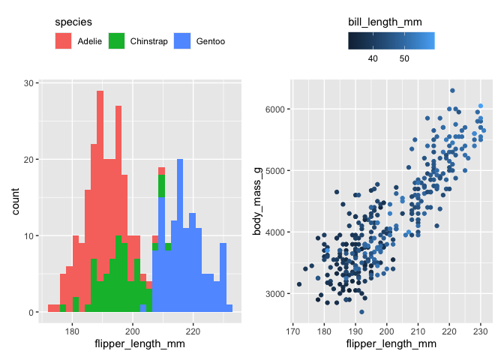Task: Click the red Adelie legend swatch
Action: click(65, 41)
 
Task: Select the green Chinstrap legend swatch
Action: click(118, 41)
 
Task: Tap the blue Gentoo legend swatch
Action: click(183, 41)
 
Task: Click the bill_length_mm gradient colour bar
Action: click(391, 41)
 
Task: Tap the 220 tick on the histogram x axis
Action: click(193, 331)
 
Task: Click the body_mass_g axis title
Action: click(256, 198)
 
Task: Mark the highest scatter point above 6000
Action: click(452, 91)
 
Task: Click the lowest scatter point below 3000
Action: click(361, 312)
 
